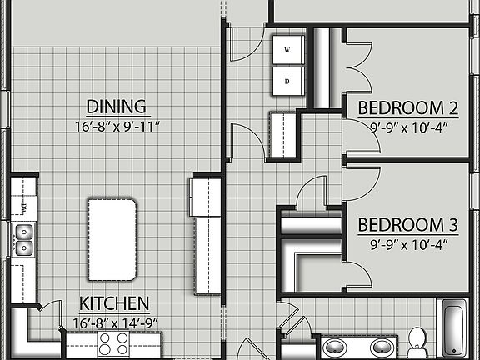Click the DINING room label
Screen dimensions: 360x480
(x=117, y=107)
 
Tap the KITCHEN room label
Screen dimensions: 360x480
(x=114, y=303)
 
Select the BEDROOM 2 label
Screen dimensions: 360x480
(x=408, y=107)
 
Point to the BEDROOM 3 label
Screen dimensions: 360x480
(x=408, y=224)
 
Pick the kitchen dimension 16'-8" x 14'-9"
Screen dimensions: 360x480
(x=114, y=321)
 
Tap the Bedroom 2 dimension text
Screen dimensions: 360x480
(x=408, y=127)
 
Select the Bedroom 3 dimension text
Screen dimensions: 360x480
(x=408, y=244)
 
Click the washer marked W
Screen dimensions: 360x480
(x=287, y=50)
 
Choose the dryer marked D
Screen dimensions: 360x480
(x=287, y=81)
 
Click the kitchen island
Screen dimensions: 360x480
(x=112, y=238)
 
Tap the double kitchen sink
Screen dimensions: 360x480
(x=22, y=239)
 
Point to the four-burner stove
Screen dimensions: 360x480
(x=114, y=343)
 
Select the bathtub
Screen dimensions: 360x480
(x=454, y=329)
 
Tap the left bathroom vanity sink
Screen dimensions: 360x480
(x=336, y=347)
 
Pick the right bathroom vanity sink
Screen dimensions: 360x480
(x=382, y=347)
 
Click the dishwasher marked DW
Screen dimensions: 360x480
(x=24, y=207)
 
